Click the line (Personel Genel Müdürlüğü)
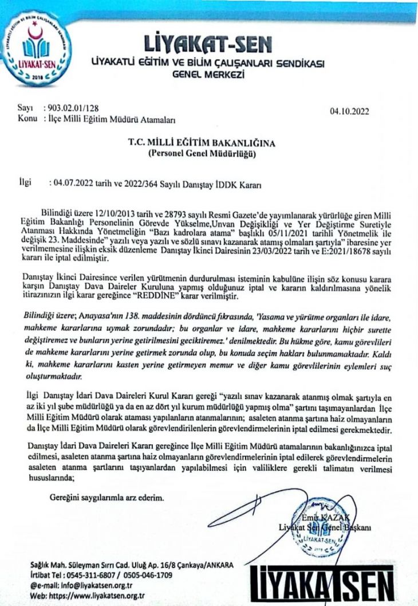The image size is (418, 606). point(208,154)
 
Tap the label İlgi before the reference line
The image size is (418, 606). point(26,183)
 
